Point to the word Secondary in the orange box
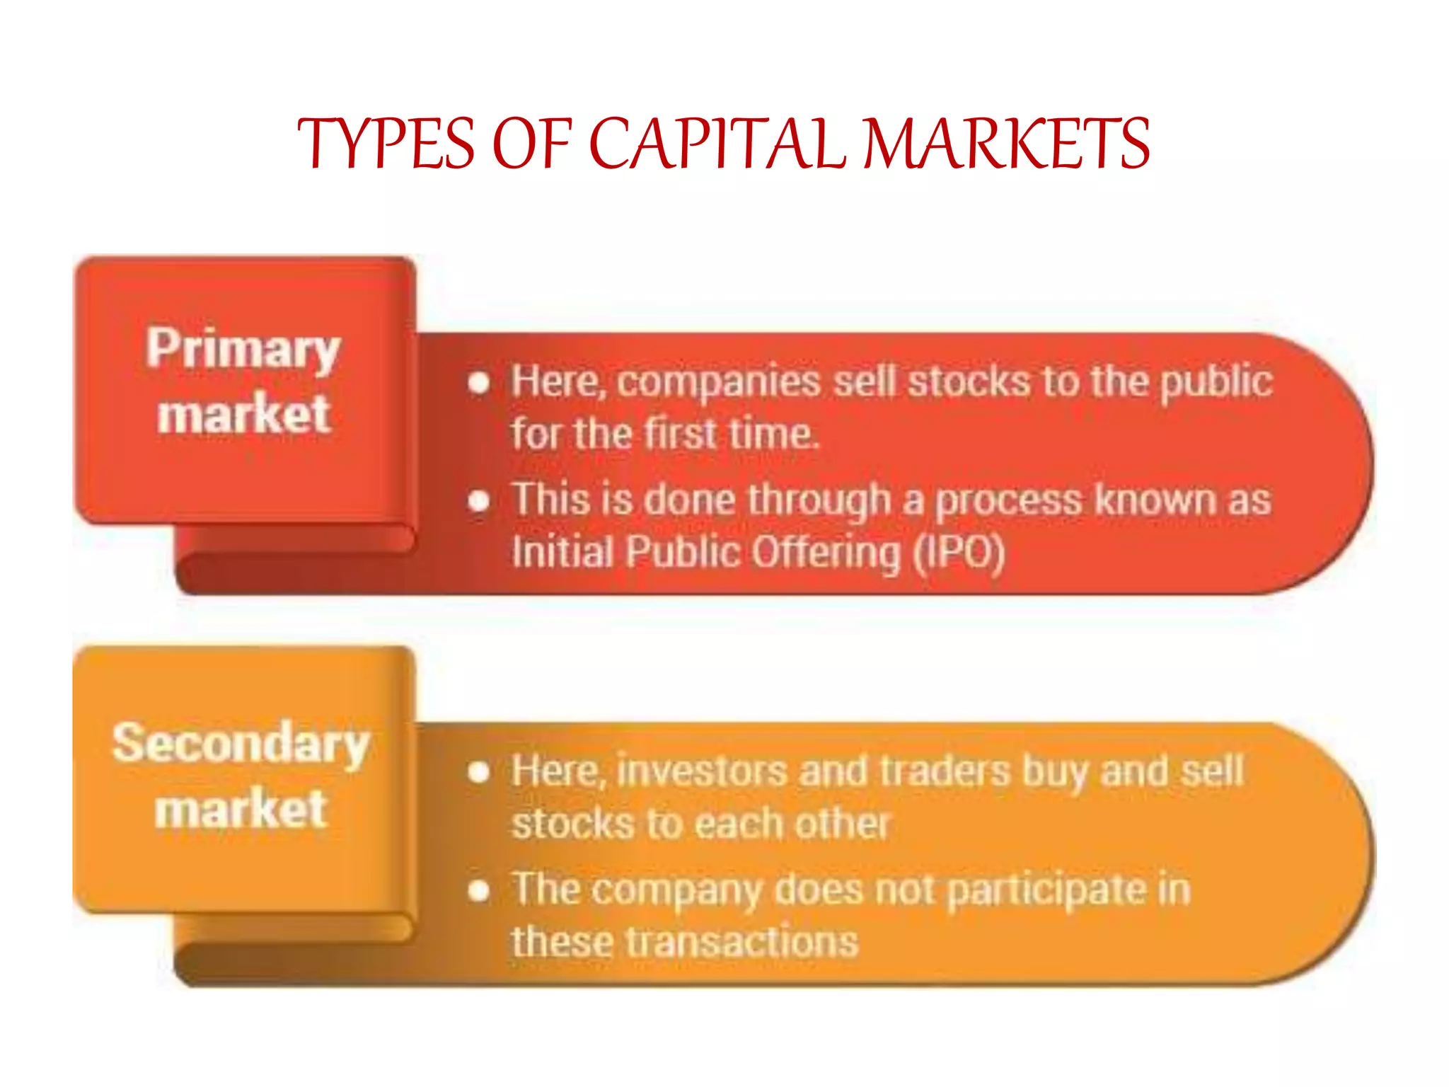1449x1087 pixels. (241, 744)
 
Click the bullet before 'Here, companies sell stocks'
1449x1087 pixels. (479, 383)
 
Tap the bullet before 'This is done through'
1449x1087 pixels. (479, 500)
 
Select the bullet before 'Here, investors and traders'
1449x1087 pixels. (479, 772)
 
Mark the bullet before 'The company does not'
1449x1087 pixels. (479, 890)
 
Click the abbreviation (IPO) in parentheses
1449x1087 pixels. (959, 552)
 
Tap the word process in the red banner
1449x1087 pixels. (1009, 500)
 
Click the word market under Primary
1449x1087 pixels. (243, 414)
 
